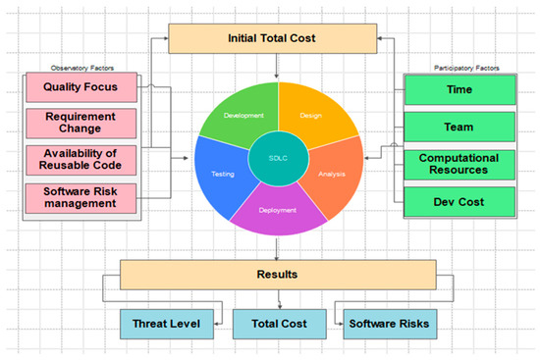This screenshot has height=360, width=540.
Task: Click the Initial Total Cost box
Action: [277, 38]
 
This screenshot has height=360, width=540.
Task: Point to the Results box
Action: [277, 274]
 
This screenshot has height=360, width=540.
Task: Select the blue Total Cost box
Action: [277, 322]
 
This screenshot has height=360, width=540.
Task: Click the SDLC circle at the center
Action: [277, 159]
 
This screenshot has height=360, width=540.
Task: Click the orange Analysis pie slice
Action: [331, 174]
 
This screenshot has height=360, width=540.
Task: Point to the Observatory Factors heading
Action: [81, 69]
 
